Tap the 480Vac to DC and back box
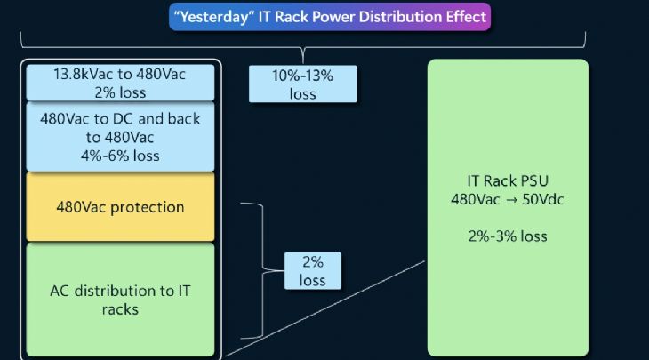coord(120,137)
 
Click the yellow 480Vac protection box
coord(120,207)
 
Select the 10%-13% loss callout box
coord(302,85)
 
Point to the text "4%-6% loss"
coord(120,156)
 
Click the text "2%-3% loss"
coord(508,236)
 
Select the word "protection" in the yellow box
coord(151,207)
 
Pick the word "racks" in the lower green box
coord(120,310)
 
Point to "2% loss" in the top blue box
coord(120,92)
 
